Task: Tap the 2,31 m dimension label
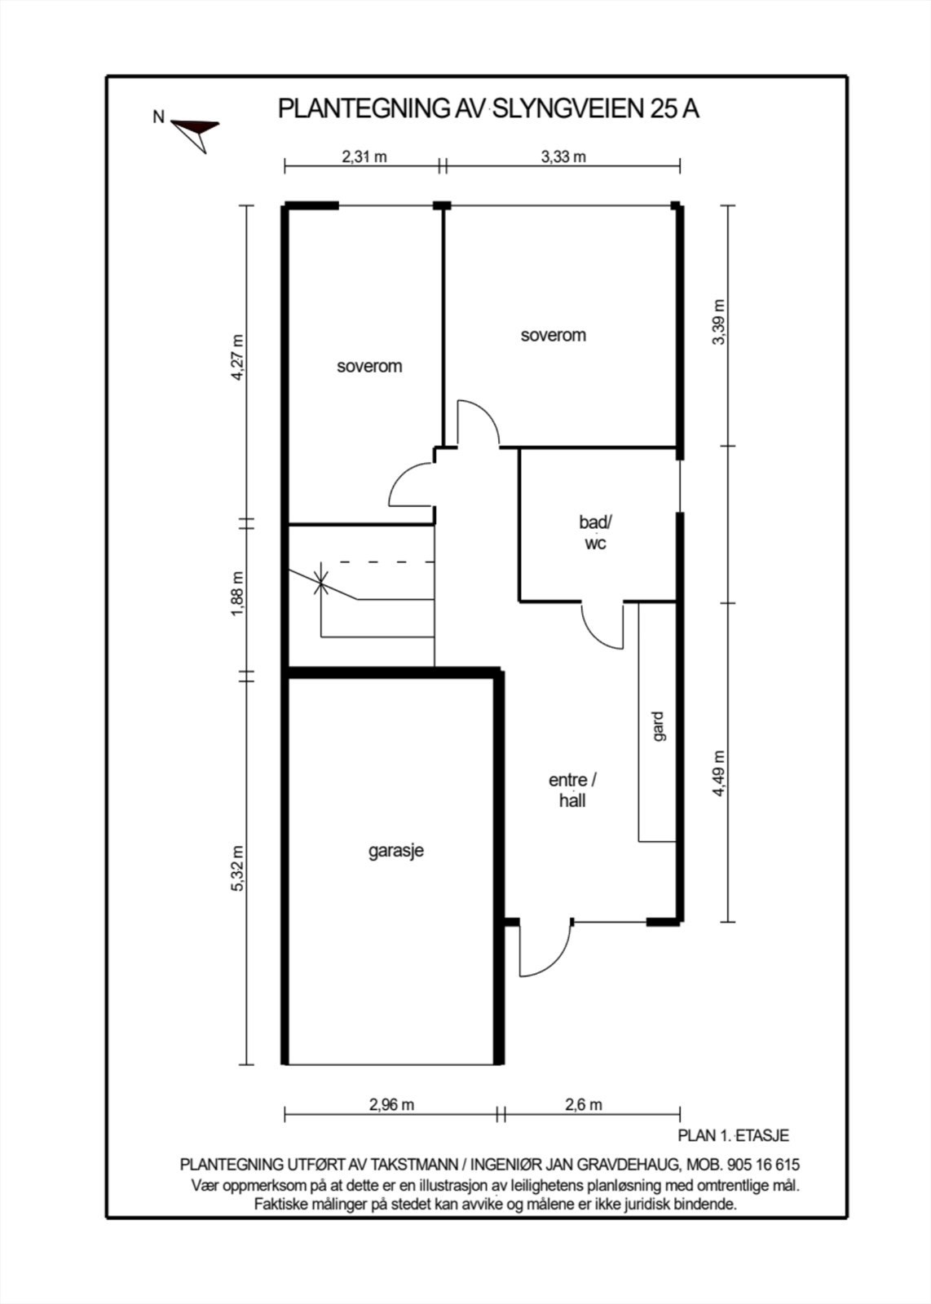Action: (x=364, y=156)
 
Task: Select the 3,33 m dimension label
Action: (x=563, y=156)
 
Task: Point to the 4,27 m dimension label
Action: (x=238, y=358)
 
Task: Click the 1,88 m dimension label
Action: (x=238, y=594)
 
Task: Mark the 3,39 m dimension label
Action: (x=720, y=322)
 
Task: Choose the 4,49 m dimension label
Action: (x=720, y=773)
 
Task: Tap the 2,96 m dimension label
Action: (x=391, y=1104)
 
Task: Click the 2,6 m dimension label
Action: (x=584, y=1104)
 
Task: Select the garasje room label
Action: (x=396, y=851)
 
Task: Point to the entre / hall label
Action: (x=572, y=791)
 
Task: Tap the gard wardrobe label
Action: (x=659, y=726)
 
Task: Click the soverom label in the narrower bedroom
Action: (x=369, y=366)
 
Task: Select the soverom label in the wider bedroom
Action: (x=553, y=335)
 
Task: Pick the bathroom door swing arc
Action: (x=593, y=635)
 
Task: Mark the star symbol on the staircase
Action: (x=321, y=582)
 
